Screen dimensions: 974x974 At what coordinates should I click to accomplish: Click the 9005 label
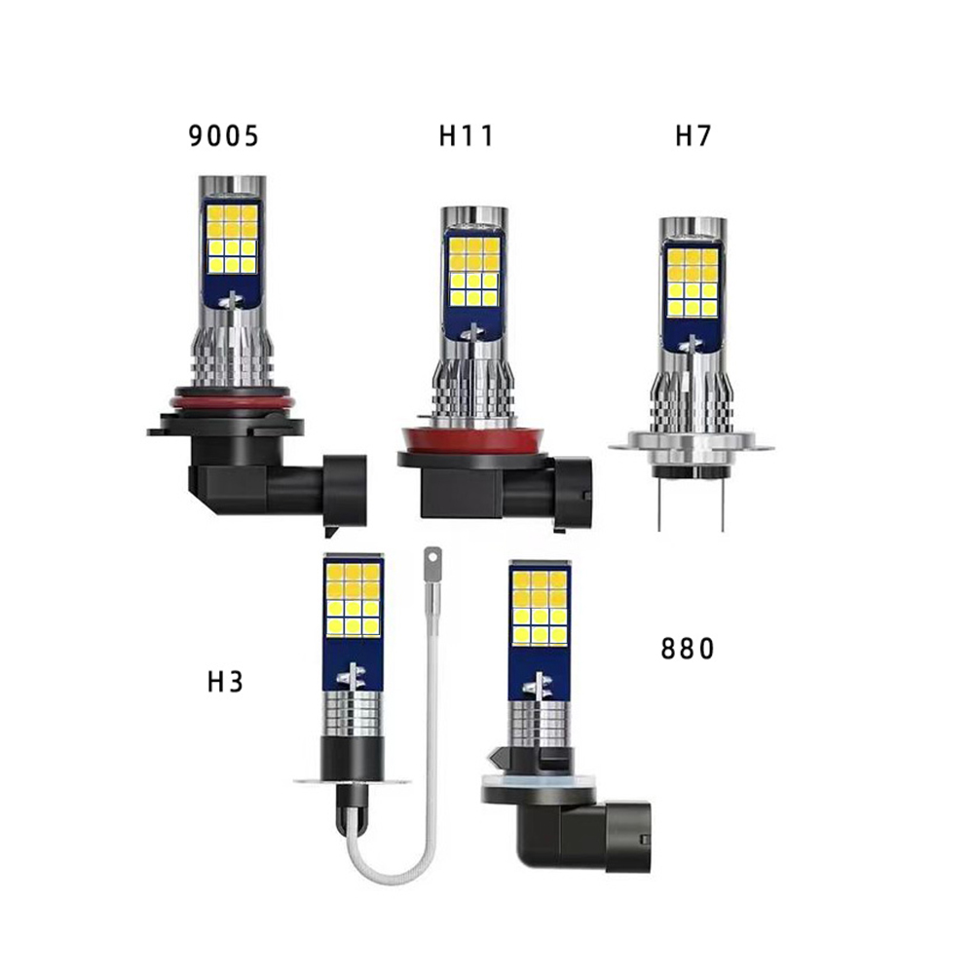pos(223,136)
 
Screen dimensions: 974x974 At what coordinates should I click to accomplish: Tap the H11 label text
pos(466,136)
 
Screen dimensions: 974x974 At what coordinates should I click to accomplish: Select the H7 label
pos(693,136)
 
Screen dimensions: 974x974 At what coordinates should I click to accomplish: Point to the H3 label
pos(225,682)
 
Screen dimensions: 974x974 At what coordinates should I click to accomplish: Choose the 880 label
pos(687,649)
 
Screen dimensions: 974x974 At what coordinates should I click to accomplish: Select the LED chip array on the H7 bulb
pos(693,282)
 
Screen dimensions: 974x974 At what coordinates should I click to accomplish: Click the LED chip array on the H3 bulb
pos(353,599)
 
